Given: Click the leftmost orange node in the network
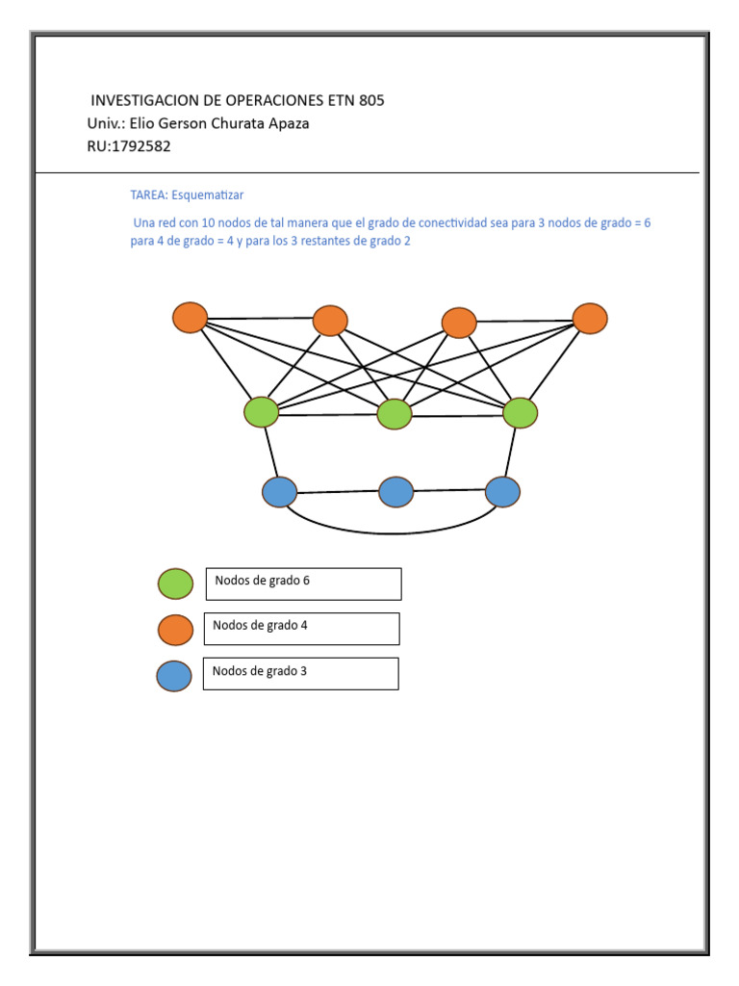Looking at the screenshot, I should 191,318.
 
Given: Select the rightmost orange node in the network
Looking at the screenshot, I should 590,319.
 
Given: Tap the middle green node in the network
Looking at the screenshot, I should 395,414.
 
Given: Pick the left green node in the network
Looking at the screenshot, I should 261,412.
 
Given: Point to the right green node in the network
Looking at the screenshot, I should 520,412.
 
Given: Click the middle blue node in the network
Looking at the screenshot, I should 395,492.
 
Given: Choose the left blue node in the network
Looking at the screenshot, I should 279,492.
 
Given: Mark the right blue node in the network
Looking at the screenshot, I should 502,491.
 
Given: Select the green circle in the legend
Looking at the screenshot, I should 175,584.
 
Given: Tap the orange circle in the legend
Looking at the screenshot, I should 175,630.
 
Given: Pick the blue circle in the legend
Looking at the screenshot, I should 174,676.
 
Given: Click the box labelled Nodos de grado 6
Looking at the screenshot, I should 303,584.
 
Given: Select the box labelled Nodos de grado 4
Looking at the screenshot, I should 301,629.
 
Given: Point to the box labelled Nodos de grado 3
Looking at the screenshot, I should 300,674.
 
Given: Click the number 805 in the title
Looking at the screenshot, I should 371,100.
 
